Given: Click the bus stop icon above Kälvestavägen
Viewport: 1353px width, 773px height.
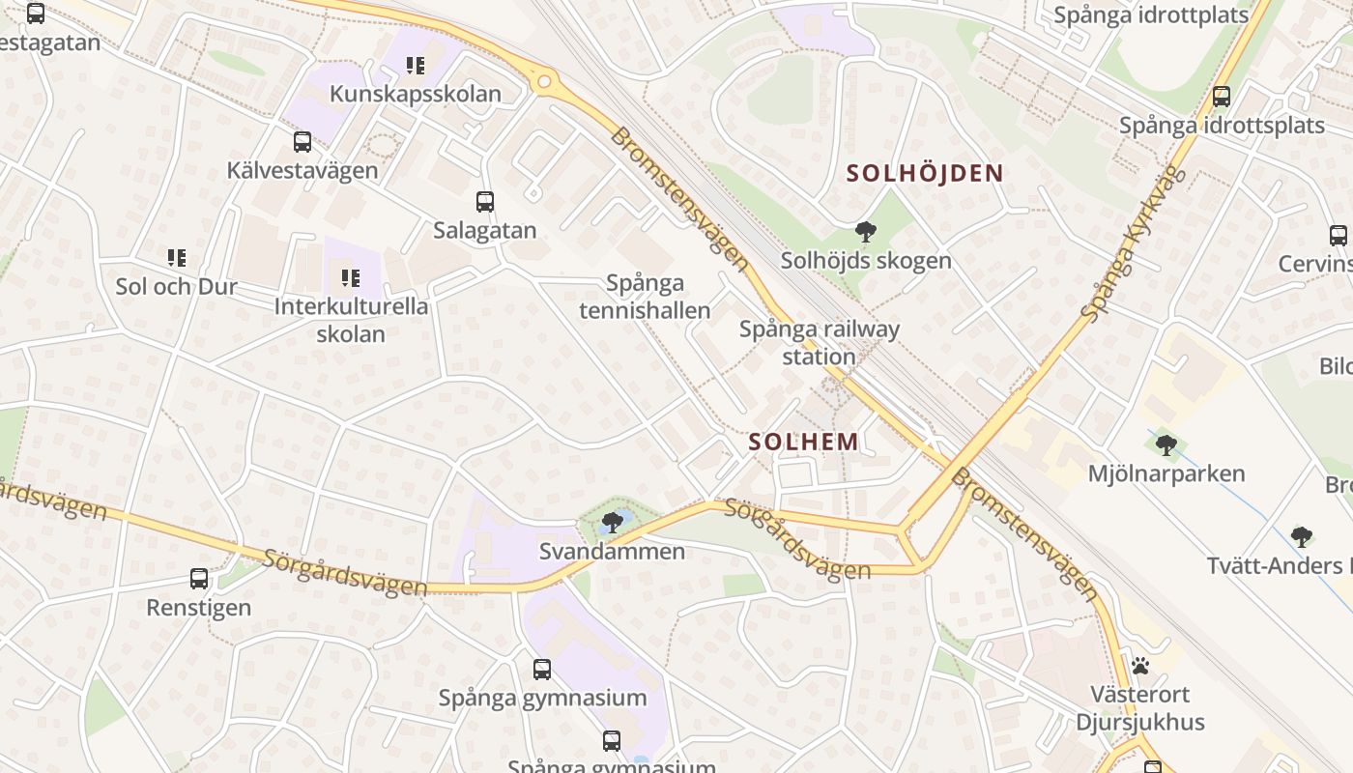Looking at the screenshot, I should click(302, 142).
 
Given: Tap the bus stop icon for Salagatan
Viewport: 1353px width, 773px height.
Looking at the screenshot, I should click(485, 202).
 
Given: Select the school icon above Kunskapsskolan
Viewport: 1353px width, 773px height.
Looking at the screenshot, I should click(416, 66).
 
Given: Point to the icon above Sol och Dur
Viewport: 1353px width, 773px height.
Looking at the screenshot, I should click(177, 258).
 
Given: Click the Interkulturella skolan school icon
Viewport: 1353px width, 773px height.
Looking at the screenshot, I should click(351, 278).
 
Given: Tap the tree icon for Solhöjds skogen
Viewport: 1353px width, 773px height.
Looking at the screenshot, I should click(866, 232).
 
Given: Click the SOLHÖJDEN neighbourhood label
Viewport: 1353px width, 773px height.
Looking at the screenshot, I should click(925, 174).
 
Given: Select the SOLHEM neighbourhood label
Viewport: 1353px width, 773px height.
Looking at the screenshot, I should click(803, 443).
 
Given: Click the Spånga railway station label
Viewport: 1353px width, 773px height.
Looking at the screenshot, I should click(820, 342).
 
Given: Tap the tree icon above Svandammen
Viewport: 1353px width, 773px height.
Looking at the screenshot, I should click(612, 523).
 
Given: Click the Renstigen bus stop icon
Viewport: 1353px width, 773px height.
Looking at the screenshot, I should click(199, 579).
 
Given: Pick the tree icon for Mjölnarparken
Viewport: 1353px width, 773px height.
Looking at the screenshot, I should click(1166, 445).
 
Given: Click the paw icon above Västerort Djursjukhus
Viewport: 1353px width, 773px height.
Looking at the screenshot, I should click(1140, 666).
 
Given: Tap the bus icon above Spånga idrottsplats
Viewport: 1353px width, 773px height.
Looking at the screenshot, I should click(1222, 97).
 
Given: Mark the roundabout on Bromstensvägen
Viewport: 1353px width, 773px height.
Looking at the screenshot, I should click(544, 82).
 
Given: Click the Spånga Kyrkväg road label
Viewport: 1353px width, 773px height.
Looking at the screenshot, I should click(1132, 243).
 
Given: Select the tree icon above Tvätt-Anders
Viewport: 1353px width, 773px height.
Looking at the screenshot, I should click(1302, 537).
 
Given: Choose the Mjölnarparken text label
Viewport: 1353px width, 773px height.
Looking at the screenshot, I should click(1166, 473).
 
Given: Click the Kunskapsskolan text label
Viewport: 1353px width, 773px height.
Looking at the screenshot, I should click(416, 94).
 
